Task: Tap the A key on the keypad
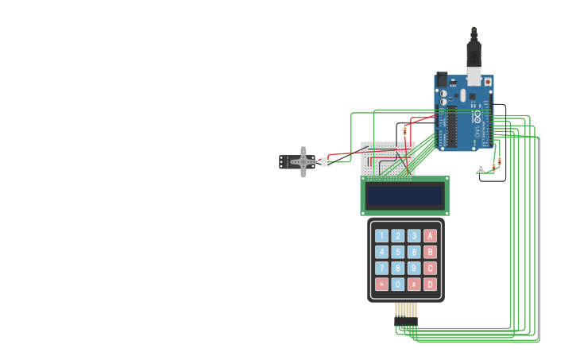tap(430, 235)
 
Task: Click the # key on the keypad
tap(414, 284)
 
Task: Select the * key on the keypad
tap(381, 284)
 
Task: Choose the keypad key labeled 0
tap(398, 284)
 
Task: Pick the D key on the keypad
tap(430, 284)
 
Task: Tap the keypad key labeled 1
tap(381, 235)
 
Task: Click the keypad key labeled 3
tap(414, 235)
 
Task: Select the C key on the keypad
tap(430, 268)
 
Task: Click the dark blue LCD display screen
tap(404, 195)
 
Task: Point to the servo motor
tap(300, 161)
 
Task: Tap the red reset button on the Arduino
tap(487, 81)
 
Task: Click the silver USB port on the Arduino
tap(474, 76)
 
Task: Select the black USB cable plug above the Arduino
tap(474, 52)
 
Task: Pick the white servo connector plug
tap(326, 161)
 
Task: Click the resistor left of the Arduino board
tap(404, 130)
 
